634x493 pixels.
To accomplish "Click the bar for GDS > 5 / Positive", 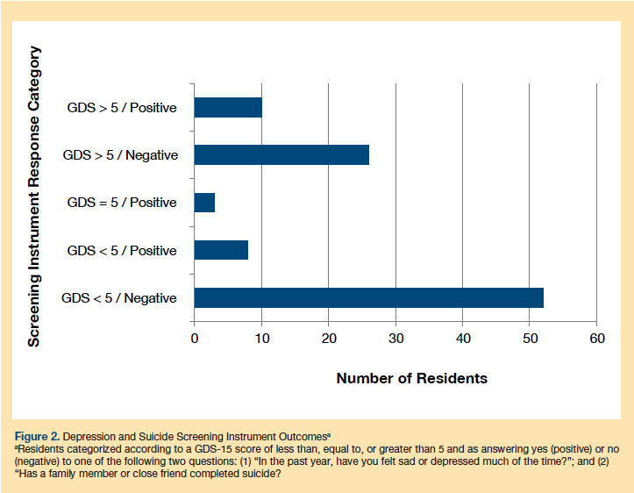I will [228, 108].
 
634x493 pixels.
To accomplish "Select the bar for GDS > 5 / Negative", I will [281, 155].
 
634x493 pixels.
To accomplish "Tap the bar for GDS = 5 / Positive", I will [204, 203].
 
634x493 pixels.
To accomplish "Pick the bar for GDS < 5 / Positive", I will [221, 250].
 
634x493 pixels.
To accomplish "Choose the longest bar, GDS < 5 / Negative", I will [368, 297].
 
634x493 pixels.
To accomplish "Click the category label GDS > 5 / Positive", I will [122, 108].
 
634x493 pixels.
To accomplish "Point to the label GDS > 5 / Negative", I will [120, 155].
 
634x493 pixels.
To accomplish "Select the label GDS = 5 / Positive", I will [122, 203].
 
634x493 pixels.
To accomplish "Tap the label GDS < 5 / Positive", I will [122, 250].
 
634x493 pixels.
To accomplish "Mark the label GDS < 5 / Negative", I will [119, 297].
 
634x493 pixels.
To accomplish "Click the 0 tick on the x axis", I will [195, 339].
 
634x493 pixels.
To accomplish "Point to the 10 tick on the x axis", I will [261, 339].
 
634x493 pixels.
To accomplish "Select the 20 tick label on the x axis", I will [328, 339].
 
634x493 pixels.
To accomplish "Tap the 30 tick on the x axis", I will [395, 339].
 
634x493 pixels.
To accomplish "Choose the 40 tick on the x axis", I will [462, 339].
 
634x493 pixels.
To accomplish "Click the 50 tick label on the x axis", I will [530, 339].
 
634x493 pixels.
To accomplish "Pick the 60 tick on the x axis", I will [596, 339].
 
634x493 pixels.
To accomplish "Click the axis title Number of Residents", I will [412, 378].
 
